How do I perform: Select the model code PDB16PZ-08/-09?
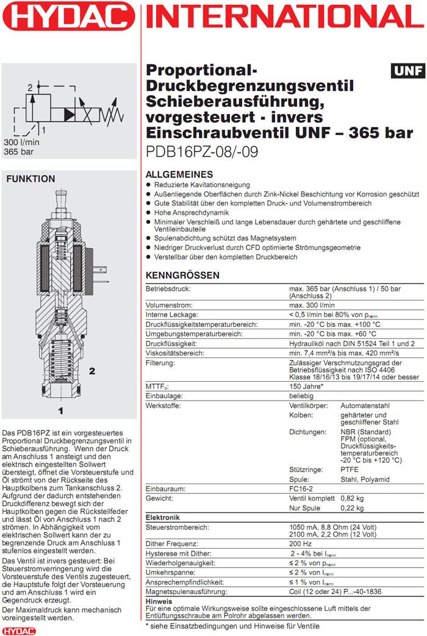click(201, 151)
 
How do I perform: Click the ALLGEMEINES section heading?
click(179, 174)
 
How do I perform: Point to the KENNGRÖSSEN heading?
click(182, 276)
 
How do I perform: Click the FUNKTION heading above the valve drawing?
click(30, 179)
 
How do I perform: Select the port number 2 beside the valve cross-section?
click(92, 370)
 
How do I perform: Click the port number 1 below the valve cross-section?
click(60, 410)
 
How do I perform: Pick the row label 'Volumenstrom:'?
click(169, 305)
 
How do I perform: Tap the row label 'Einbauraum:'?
click(167, 489)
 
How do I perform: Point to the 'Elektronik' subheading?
click(163, 517)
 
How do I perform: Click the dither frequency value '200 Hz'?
click(301, 543)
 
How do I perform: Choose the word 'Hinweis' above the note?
click(159, 601)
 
